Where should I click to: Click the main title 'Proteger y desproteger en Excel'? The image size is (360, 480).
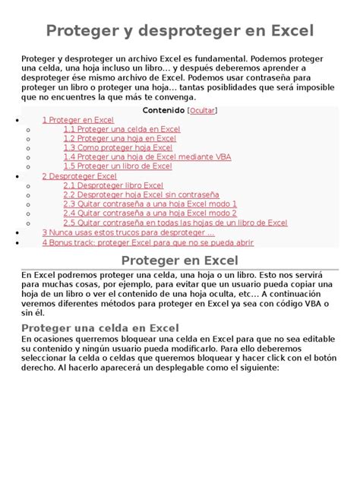(179, 31)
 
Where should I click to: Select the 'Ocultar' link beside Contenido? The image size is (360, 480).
(201, 110)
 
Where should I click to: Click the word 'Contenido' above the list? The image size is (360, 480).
(164, 110)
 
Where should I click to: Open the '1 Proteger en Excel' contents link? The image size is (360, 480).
(77, 120)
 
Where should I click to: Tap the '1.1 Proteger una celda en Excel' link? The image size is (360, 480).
(122, 129)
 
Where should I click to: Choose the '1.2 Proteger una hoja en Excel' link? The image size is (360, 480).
(119, 138)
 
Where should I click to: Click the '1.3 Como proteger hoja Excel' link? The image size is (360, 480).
(117, 147)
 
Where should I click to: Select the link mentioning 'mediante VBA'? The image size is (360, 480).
(147, 156)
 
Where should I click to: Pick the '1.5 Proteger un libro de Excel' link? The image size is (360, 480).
(117, 166)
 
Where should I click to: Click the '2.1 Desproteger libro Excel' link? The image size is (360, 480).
(113, 185)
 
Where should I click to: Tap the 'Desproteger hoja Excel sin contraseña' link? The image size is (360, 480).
(141, 194)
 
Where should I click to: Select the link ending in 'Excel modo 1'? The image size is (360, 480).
(150, 204)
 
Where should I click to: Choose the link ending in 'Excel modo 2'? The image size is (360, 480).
(150, 213)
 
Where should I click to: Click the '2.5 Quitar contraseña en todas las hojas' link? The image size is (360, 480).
(175, 223)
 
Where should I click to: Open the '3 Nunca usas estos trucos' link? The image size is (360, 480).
(128, 232)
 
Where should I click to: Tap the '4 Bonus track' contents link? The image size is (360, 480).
(147, 242)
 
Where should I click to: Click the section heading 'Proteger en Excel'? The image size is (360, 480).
(179, 261)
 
